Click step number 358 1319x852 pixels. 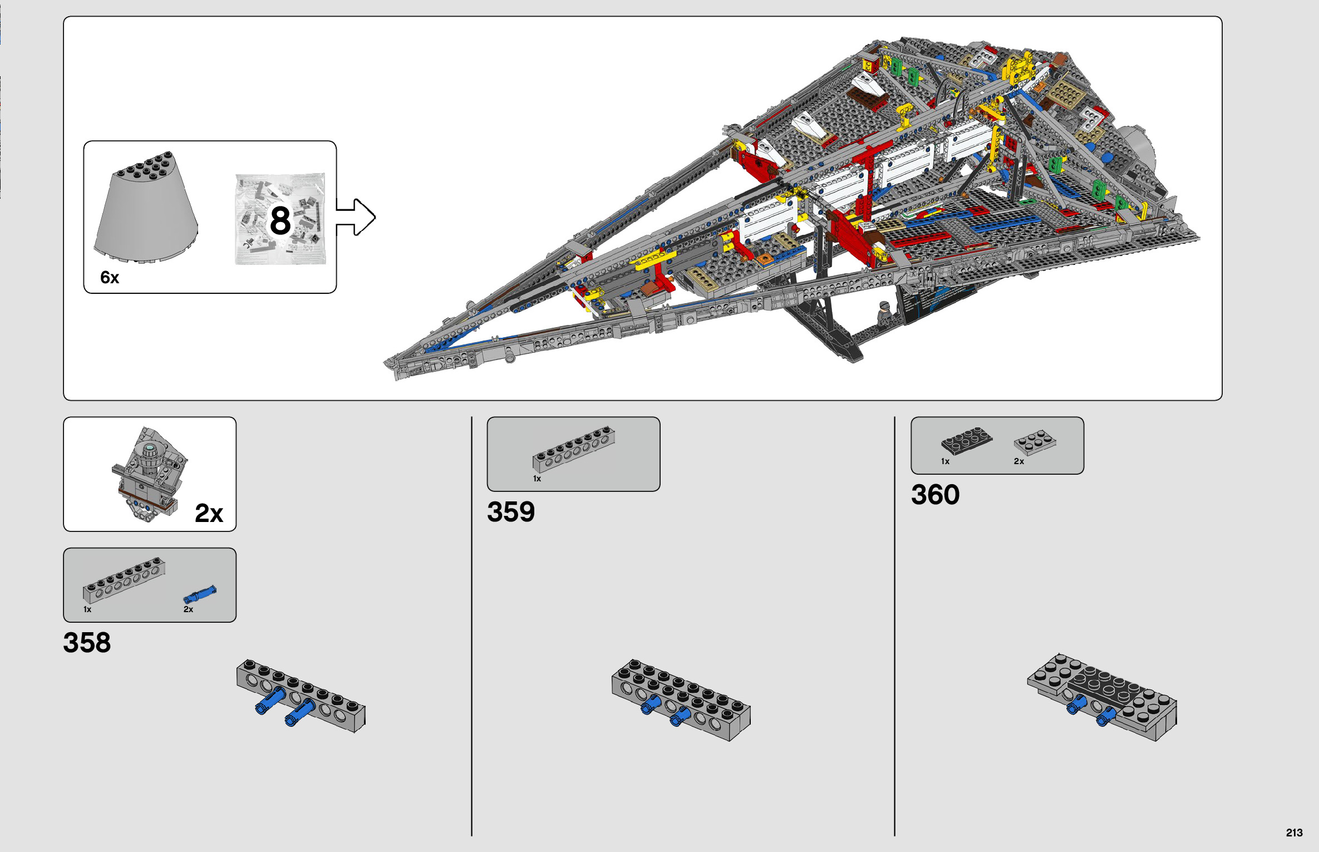(x=87, y=642)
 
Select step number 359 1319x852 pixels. (x=511, y=511)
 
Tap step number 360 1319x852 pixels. (x=935, y=494)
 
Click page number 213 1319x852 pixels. (x=1294, y=833)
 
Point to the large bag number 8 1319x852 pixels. (x=280, y=220)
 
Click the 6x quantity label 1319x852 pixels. (x=110, y=277)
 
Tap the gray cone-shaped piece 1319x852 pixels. (x=146, y=206)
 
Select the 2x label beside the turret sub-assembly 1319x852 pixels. (x=209, y=513)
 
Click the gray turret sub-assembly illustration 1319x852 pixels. (x=149, y=474)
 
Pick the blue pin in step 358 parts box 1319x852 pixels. (x=200, y=594)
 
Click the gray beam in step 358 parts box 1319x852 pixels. (x=124, y=580)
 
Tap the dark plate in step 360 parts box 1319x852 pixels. (x=966, y=441)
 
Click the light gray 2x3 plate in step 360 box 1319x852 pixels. (x=1035, y=443)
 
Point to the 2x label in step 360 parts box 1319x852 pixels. (x=1019, y=461)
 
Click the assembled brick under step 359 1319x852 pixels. (x=681, y=700)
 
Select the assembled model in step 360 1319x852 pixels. (x=1102, y=697)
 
